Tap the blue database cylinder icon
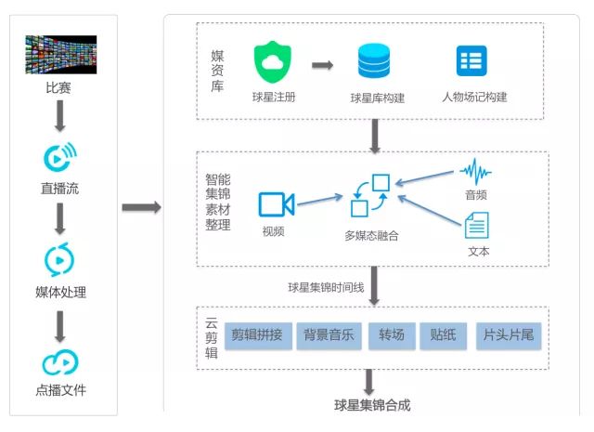376,62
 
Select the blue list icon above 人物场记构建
471,61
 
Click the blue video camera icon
276,204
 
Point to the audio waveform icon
476,172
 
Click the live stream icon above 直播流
59,158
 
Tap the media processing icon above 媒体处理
59,259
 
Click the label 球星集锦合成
372,405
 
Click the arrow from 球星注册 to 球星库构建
322,65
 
